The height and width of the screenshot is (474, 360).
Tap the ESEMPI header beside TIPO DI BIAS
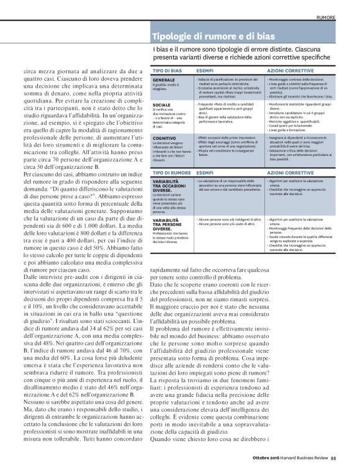click(x=205, y=73)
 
